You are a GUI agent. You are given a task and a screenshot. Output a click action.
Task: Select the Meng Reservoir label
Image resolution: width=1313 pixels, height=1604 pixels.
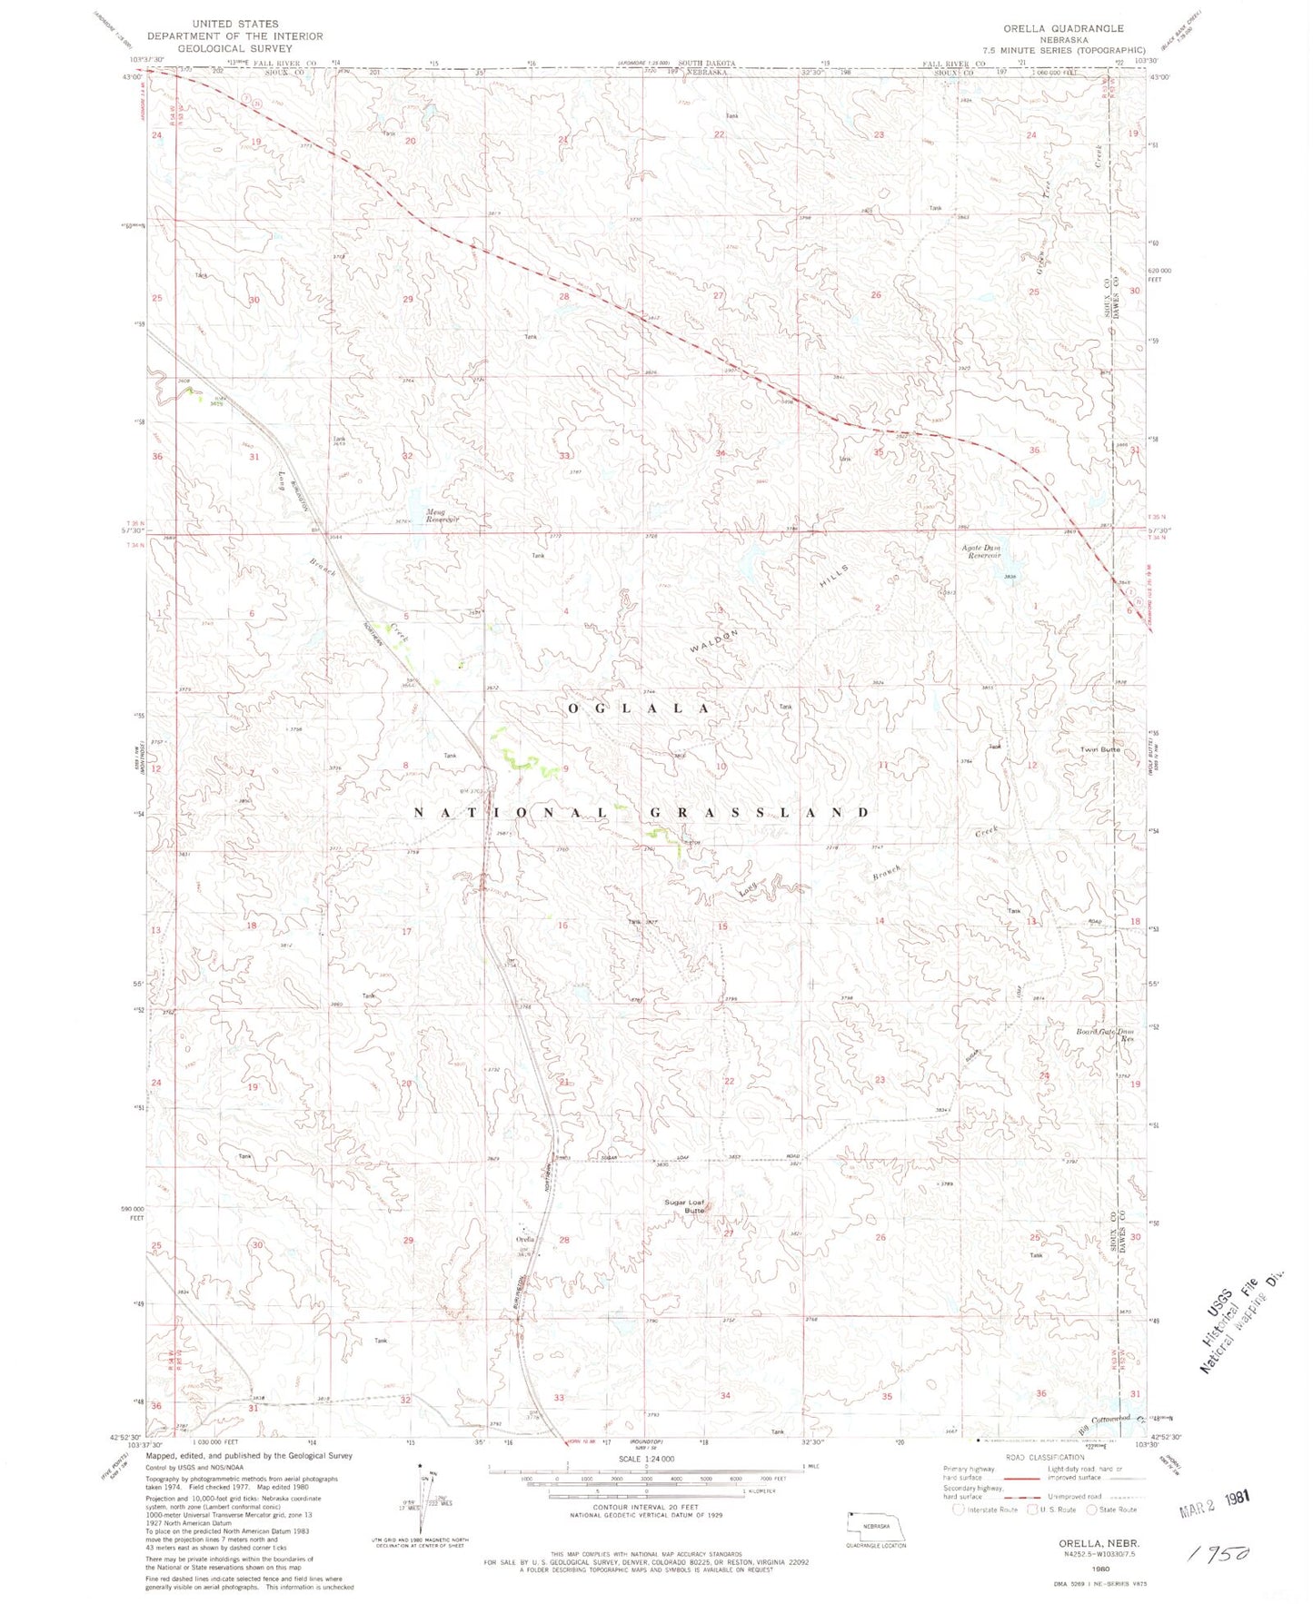pyautogui.click(x=443, y=515)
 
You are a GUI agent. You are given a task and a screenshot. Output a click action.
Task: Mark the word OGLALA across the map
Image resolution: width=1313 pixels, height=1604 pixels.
pyautogui.click(x=640, y=708)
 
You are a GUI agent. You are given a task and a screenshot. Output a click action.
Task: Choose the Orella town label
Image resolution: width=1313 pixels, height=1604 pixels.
pyautogui.click(x=526, y=1240)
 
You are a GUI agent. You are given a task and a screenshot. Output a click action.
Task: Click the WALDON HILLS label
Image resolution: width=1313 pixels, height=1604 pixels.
pyautogui.click(x=768, y=604)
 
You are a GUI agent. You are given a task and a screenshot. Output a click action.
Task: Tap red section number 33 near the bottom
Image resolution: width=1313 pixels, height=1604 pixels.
pyautogui.click(x=559, y=1397)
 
